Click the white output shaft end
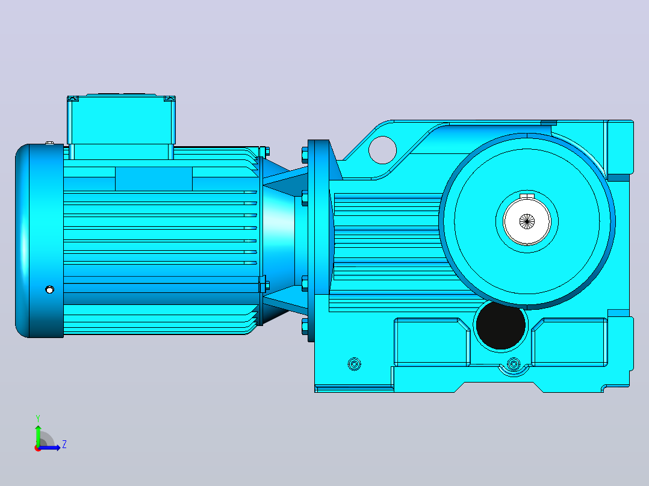(x=526, y=221)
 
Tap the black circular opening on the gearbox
(x=501, y=325)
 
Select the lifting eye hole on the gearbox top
(x=382, y=150)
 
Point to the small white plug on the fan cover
(x=49, y=289)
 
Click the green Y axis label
(x=38, y=418)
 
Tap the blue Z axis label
(x=64, y=444)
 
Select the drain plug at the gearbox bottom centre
(x=514, y=364)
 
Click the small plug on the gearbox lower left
(x=354, y=364)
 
